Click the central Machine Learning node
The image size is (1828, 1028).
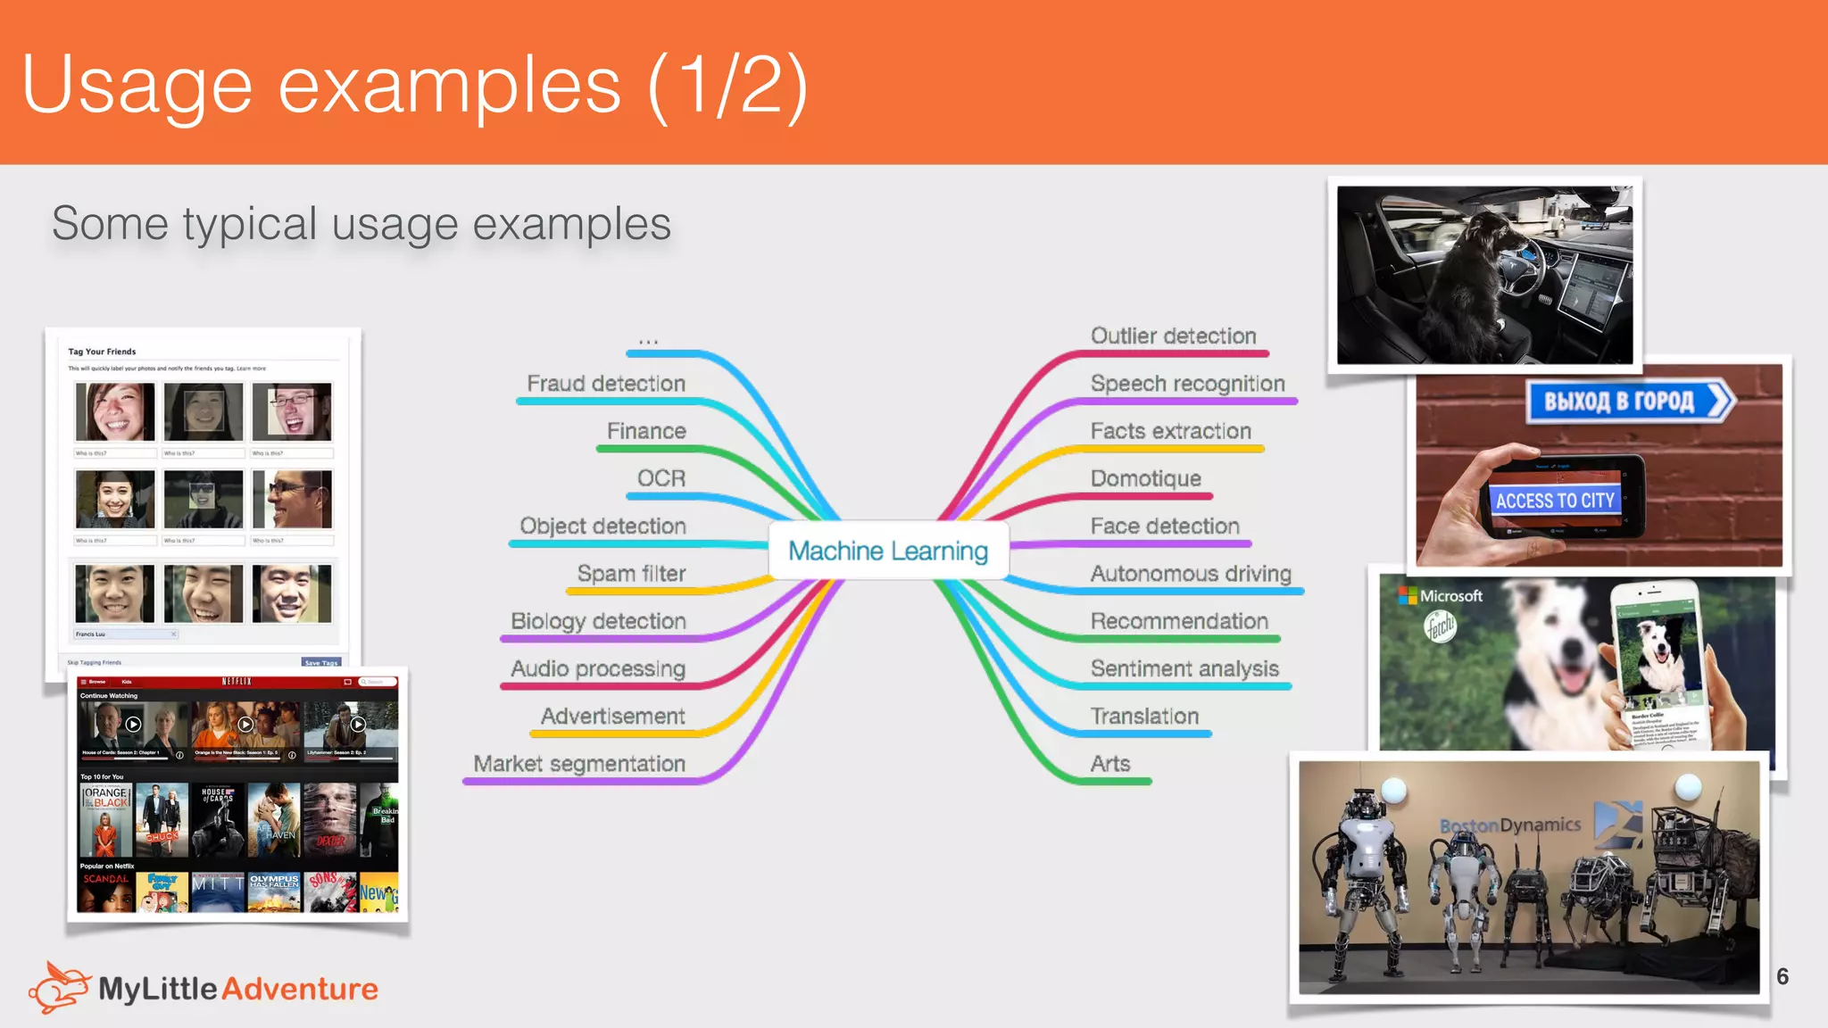click(x=888, y=551)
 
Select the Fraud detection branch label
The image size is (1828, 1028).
click(x=606, y=384)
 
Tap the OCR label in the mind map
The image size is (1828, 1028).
click(x=661, y=478)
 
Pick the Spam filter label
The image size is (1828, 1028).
click(x=631, y=574)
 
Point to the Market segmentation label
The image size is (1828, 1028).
click(x=579, y=764)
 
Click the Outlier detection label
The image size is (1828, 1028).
click(x=1173, y=336)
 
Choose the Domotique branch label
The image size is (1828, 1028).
click(x=1145, y=478)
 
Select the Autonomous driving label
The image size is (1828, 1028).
click(x=1191, y=574)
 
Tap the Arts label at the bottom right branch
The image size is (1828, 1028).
click(x=1109, y=764)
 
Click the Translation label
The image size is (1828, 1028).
click(x=1144, y=717)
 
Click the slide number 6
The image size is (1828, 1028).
click(x=1782, y=976)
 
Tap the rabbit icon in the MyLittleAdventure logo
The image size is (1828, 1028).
click(x=59, y=987)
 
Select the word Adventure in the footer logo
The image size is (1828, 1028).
click(x=300, y=989)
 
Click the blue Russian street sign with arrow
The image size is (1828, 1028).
click(x=1628, y=402)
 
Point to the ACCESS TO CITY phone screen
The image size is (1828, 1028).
click(x=1555, y=501)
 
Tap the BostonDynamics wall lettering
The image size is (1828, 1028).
click(x=1509, y=825)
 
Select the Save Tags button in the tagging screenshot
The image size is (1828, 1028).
click(x=320, y=662)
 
